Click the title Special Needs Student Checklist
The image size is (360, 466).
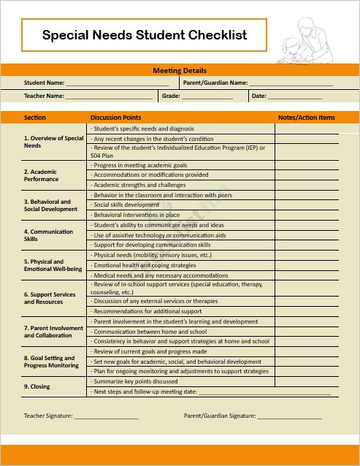[145, 34]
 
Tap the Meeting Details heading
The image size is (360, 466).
[180, 71]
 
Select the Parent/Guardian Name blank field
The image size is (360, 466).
[291, 84]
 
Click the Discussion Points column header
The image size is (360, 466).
[115, 117]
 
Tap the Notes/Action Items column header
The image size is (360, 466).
[306, 117]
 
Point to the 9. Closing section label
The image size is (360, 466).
[37, 386]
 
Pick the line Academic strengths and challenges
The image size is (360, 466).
[139, 186]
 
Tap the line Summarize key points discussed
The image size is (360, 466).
[135, 381]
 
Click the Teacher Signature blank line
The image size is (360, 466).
[106, 416]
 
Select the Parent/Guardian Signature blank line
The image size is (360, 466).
[289, 416]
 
